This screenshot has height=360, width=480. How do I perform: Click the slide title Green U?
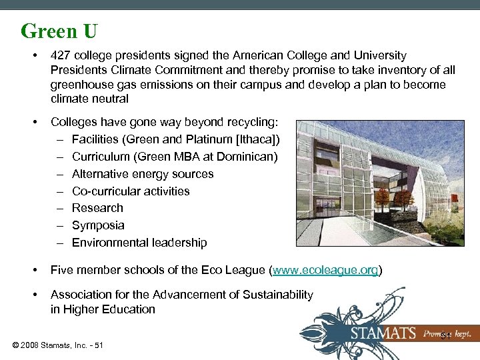59,31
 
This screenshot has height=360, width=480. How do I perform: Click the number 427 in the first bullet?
61,55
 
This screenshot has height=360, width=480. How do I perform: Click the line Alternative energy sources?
143,174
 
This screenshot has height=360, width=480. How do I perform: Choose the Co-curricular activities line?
131,191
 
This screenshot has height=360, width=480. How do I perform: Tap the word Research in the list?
97,208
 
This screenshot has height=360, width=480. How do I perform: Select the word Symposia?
98,225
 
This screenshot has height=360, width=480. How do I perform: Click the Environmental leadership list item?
139,243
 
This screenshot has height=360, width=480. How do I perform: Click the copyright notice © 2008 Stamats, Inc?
57,345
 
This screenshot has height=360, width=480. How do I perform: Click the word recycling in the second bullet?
253,123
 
